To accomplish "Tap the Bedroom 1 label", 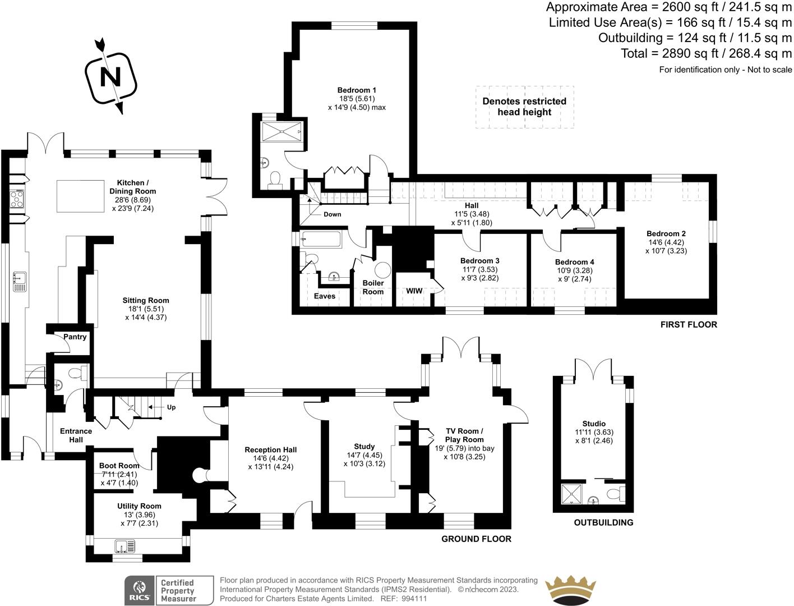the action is tap(357, 90).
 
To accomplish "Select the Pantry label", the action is tap(75, 337).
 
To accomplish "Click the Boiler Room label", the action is tap(373, 287).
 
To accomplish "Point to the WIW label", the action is tap(414, 291).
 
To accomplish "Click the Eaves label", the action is tap(325, 296).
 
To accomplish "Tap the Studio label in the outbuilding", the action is tap(594, 424).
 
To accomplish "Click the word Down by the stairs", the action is tap(332, 214).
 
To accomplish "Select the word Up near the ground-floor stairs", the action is tap(171, 407).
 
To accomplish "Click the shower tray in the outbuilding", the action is tap(573, 494).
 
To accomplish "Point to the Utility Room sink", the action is tap(124, 546).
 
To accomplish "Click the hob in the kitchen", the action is tap(16, 198).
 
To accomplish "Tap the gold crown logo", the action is tap(570, 590).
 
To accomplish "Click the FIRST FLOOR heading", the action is tap(688, 324).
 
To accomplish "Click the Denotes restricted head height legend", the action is tap(524, 107).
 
